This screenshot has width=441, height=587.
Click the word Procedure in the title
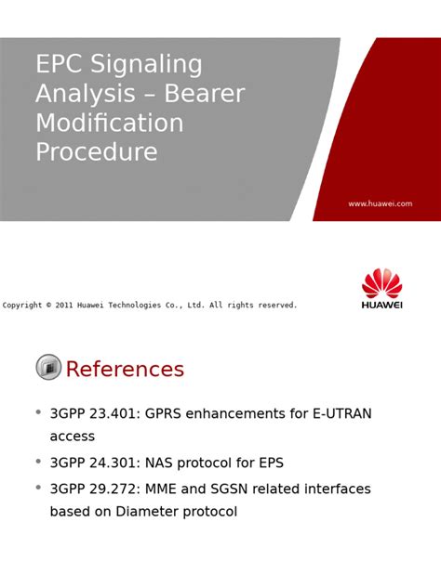tap(96, 152)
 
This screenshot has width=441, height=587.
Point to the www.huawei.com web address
tap(380, 203)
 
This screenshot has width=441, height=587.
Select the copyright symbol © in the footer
tap(49, 306)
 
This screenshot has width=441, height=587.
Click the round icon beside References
tap(48, 368)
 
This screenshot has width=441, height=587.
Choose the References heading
tap(125, 369)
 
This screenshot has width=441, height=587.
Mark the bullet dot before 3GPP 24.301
tap(38, 460)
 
